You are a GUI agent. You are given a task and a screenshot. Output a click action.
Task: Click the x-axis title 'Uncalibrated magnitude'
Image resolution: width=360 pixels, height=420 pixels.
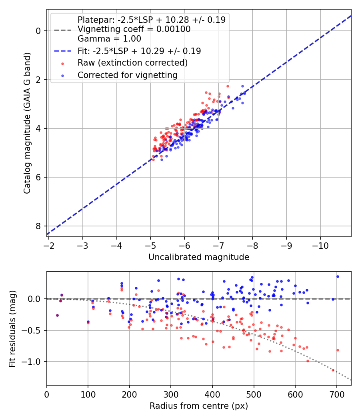point(199,257)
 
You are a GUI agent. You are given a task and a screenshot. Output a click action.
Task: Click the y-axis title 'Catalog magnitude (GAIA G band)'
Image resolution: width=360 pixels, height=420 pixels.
point(27,122)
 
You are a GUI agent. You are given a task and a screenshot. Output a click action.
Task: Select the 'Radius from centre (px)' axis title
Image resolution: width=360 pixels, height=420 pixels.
point(199,406)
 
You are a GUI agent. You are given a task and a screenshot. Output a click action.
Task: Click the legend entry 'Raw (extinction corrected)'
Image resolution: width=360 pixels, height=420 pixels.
point(132,63)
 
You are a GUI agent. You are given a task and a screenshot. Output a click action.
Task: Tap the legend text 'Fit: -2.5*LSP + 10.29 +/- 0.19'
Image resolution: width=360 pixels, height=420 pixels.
point(139,51)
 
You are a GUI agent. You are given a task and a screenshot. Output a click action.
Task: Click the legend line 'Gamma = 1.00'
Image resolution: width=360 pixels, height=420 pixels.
point(109,39)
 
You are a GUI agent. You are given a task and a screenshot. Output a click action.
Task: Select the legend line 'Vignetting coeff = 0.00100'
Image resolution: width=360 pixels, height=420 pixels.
point(134,29)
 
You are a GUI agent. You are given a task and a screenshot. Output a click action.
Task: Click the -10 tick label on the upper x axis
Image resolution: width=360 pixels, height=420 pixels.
point(320,244)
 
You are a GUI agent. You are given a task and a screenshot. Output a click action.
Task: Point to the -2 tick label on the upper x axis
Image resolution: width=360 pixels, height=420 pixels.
point(49,244)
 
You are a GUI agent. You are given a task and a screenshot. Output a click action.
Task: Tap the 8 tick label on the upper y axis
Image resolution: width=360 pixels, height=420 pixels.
point(39,226)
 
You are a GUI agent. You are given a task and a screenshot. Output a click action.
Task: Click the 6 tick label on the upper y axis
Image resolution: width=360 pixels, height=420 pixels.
point(39,177)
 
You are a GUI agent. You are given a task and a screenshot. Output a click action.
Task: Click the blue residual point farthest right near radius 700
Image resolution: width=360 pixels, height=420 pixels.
point(338,276)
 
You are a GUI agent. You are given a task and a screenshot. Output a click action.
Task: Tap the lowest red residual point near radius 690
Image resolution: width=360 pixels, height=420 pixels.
point(333,370)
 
